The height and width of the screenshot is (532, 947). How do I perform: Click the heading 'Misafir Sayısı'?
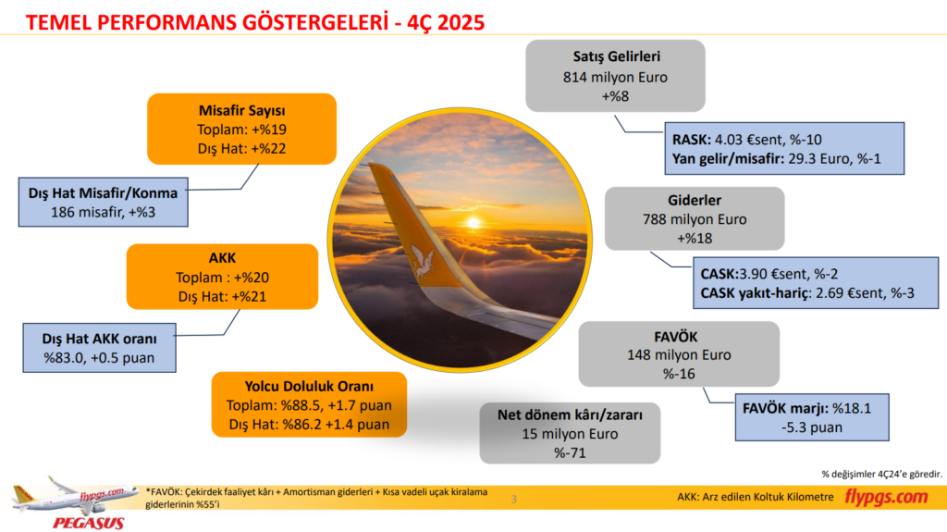click(241, 111)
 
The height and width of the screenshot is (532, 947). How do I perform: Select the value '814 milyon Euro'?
click(615, 77)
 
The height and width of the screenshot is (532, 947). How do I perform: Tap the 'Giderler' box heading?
click(694, 201)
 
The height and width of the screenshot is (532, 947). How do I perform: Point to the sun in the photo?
click(474, 222)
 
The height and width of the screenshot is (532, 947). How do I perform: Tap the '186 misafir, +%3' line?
click(103, 212)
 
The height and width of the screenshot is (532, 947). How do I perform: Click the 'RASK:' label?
click(692, 140)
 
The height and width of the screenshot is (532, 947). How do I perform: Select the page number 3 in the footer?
click(514, 500)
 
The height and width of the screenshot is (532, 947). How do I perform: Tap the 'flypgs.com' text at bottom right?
click(886, 498)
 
